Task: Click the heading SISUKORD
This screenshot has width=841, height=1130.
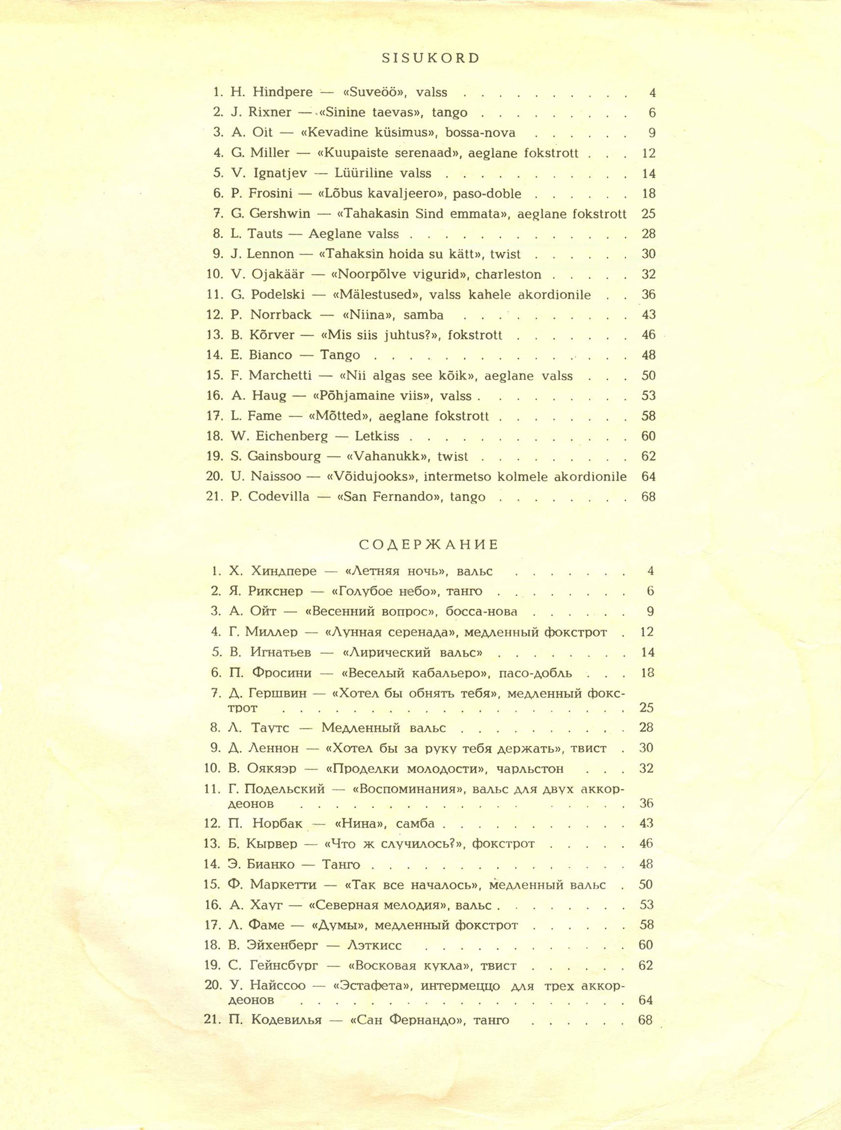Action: [x=430, y=58]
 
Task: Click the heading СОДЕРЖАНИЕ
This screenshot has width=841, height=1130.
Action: [x=429, y=546]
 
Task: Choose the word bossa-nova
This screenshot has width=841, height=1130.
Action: [x=480, y=133]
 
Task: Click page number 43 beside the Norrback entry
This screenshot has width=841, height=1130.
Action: [x=649, y=315]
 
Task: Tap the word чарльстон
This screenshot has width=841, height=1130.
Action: [x=529, y=769]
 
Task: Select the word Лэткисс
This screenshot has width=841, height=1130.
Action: [x=374, y=946]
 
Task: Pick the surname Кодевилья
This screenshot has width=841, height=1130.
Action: [x=287, y=1020]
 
